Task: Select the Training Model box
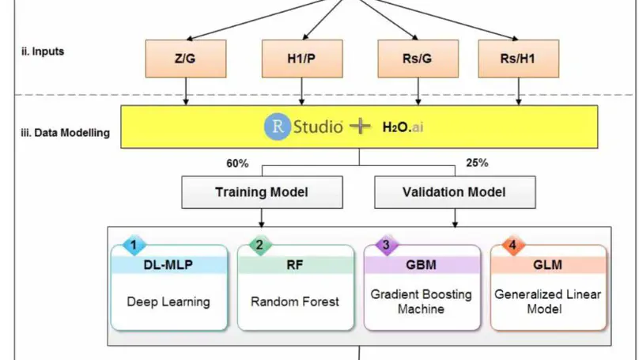pyautogui.click(x=263, y=192)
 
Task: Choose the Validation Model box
pyautogui.click(x=454, y=192)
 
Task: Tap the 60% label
pyautogui.click(x=237, y=164)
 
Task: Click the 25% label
pyautogui.click(x=476, y=164)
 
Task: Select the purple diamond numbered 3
pyautogui.click(x=385, y=245)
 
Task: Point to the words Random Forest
pyautogui.click(x=294, y=301)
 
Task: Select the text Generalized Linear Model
pyautogui.click(x=548, y=301)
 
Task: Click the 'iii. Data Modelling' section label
pyautogui.click(x=65, y=133)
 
